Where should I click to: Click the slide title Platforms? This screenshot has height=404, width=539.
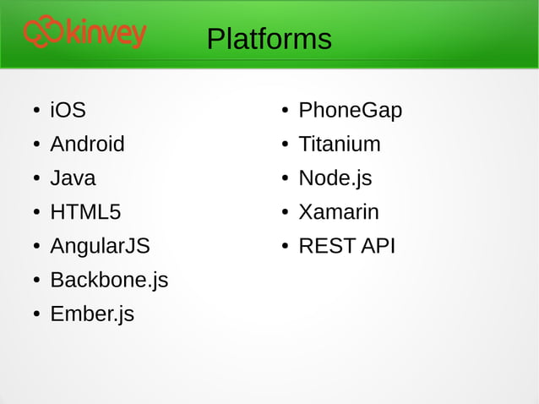tap(269, 39)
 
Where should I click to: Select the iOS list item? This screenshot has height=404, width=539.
tap(68, 110)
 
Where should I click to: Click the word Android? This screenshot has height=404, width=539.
tap(87, 144)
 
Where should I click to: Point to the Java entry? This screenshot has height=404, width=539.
tap(73, 178)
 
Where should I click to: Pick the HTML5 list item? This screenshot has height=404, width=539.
tap(85, 212)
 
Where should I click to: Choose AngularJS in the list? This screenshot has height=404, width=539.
tap(100, 246)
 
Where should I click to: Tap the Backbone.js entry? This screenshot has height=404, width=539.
tap(109, 280)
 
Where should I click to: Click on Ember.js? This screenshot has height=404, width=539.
tap(92, 314)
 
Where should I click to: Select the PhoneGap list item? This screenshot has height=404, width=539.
tap(350, 110)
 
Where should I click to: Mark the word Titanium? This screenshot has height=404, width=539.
tap(339, 144)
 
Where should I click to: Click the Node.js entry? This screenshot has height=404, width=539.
tap(335, 178)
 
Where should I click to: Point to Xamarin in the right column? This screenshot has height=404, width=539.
tap(338, 212)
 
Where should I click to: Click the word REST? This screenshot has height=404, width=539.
tap(327, 246)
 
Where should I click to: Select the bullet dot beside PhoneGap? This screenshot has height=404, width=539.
tap(286, 112)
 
